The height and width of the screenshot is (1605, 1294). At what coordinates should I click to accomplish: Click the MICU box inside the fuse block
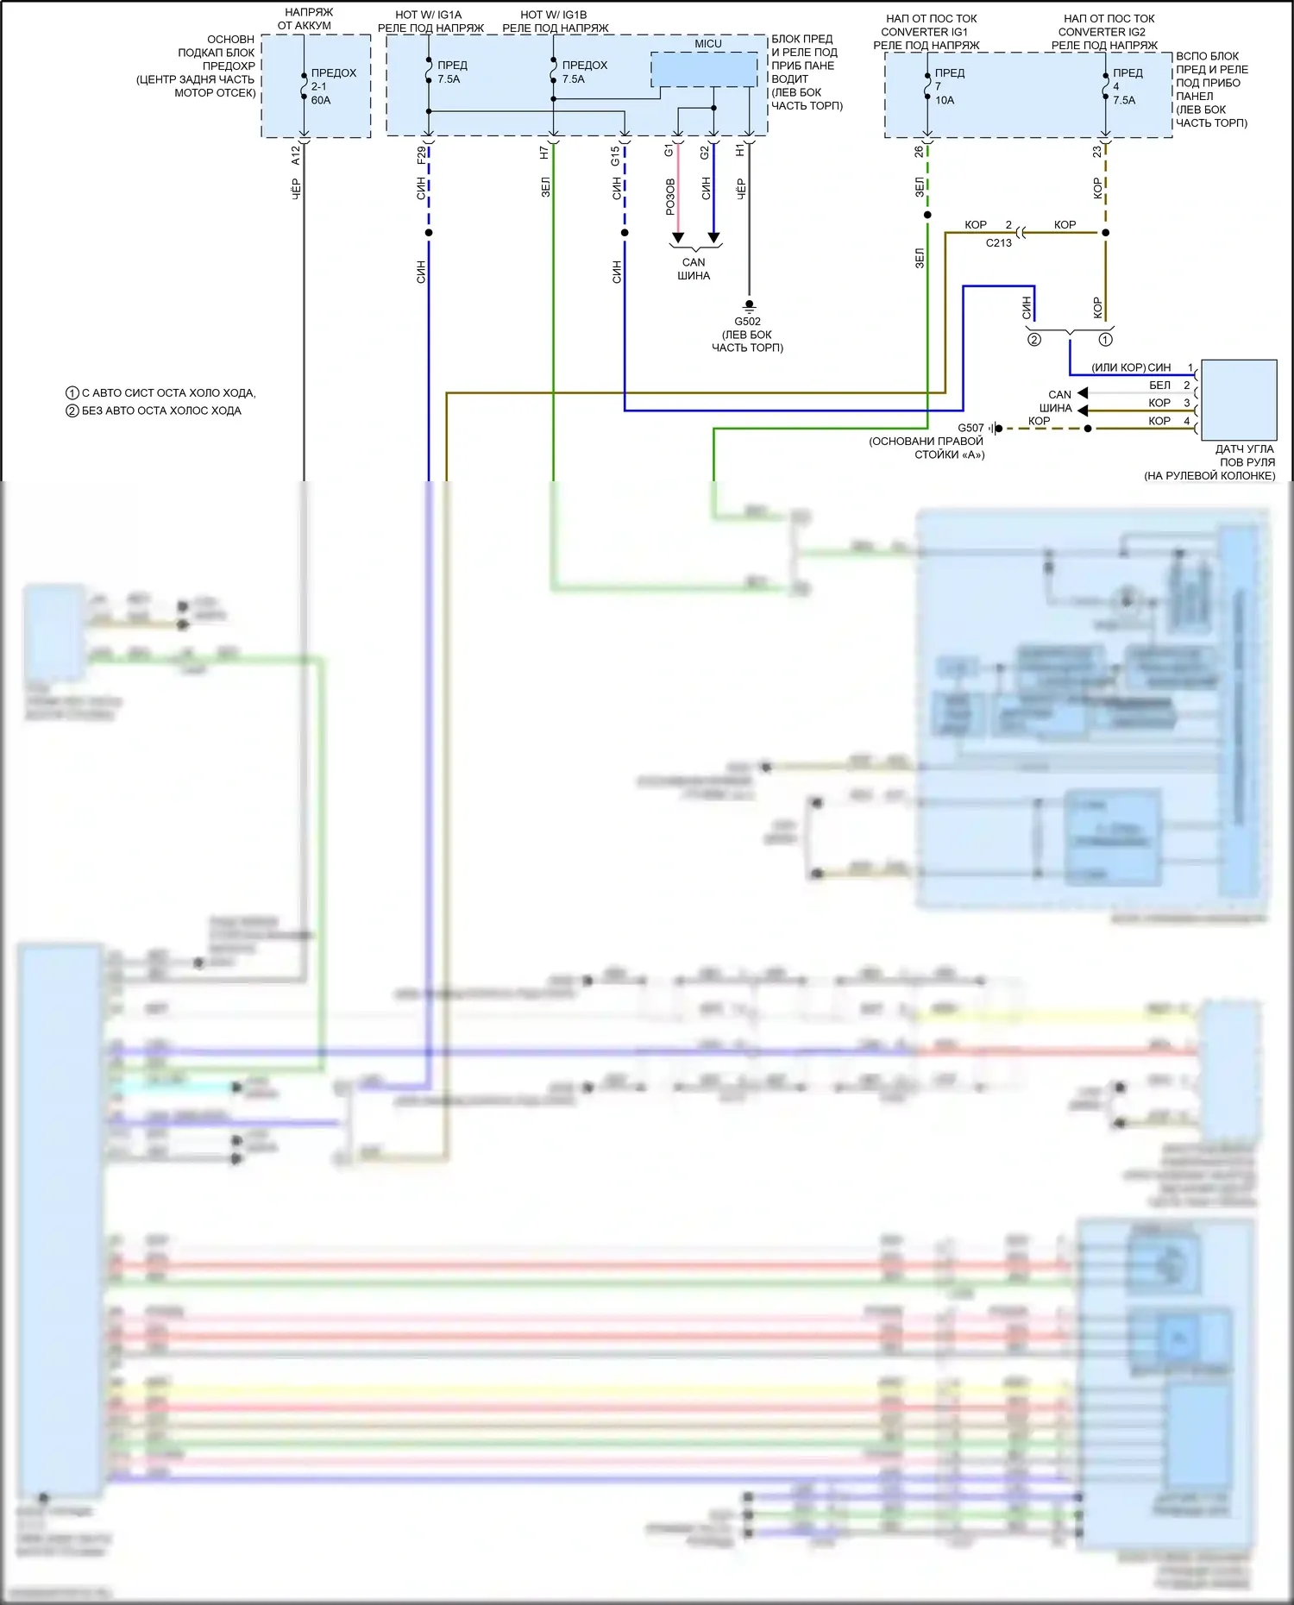pyautogui.click(x=704, y=69)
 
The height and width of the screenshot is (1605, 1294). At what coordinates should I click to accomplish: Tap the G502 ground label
pyautogui.click(x=747, y=322)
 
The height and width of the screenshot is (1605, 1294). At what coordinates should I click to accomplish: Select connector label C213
pyautogui.click(x=998, y=243)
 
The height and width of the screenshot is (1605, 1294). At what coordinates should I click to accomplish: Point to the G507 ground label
pyautogui.click(x=970, y=428)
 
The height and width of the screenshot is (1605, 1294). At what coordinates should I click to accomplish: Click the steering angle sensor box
pyautogui.click(x=1239, y=400)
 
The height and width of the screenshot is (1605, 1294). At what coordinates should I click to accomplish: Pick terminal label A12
pyautogui.click(x=296, y=155)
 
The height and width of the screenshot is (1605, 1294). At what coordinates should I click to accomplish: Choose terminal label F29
pyautogui.click(x=421, y=155)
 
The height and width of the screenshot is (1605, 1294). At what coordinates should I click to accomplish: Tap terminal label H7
pyautogui.click(x=544, y=153)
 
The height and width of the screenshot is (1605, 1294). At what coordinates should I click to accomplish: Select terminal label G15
pyautogui.click(x=615, y=156)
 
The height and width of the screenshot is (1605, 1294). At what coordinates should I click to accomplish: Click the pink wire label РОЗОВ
pyautogui.click(x=670, y=197)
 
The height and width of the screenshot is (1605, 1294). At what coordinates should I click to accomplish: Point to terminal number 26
pyautogui.click(x=919, y=151)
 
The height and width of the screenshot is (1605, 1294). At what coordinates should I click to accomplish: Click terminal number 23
pyautogui.click(x=1096, y=151)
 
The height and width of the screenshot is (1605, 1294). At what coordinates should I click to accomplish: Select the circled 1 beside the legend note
pyautogui.click(x=72, y=393)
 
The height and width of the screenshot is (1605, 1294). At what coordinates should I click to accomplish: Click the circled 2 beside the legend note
pyautogui.click(x=72, y=411)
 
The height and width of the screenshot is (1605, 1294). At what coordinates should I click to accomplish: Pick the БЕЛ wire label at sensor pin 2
pyautogui.click(x=1159, y=386)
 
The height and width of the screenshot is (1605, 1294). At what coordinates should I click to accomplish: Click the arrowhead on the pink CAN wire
pyautogui.click(x=678, y=238)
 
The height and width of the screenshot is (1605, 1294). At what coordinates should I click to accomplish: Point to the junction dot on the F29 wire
pyautogui.click(x=429, y=233)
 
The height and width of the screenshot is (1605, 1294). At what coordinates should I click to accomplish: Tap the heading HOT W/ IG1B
pyautogui.click(x=553, y=15)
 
